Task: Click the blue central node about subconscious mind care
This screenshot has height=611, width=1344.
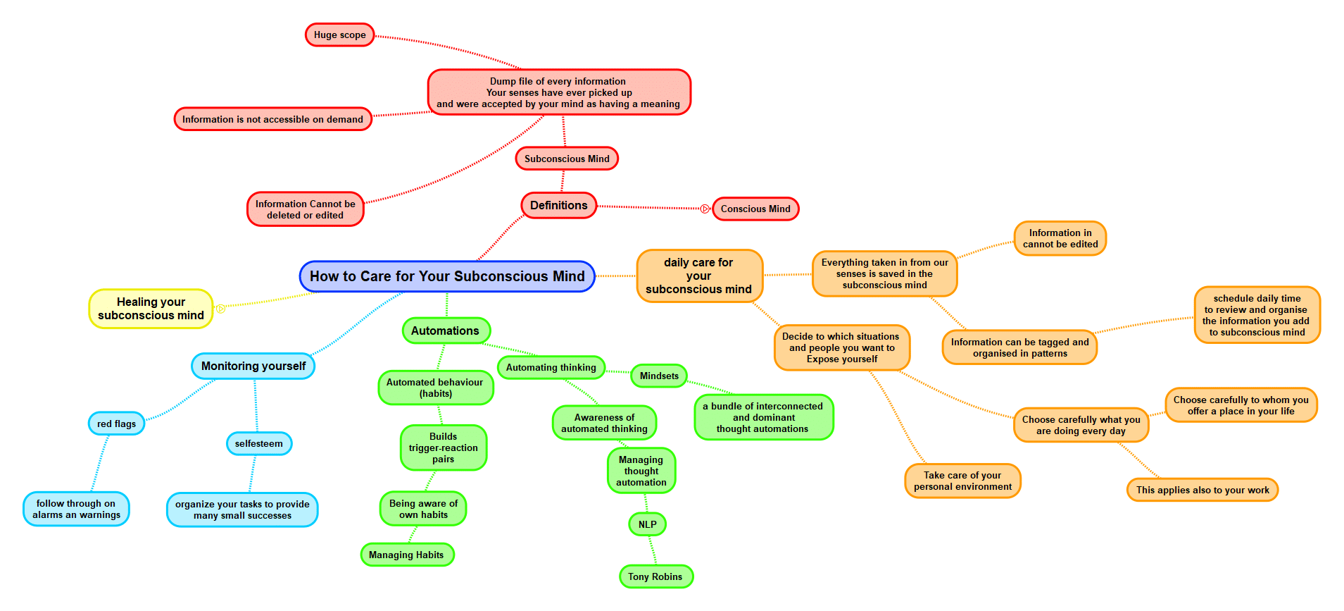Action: click(x=447, y=276)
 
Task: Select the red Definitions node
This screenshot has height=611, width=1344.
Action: click(x=558, y=205)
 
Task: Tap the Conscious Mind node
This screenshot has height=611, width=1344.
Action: click(x=755, y=209)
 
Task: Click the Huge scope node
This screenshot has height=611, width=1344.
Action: click(x=339, y=35)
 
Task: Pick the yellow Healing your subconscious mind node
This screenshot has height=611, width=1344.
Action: click(x=151, y=309)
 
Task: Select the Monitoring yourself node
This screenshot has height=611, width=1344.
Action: click(x=253, y=366)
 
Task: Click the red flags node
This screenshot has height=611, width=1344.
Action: click(x=116, y=424)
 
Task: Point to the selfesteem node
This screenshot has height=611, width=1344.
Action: click(x=258, y=443)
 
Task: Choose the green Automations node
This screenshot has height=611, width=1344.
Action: click(x=445, y=331)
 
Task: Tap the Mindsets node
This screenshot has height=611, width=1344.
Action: click(x=659, y=376)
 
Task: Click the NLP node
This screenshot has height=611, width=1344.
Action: click(x=647, y=524)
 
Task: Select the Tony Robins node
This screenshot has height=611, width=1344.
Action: click(x=655, y=576)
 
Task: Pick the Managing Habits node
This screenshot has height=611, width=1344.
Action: click(x=406, y=555)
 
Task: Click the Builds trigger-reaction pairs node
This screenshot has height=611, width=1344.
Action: click(x=443, y=448)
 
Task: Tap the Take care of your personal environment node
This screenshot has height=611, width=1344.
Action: click(x=962, y=481)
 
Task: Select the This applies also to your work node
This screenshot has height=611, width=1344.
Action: click(x=1202, y=490)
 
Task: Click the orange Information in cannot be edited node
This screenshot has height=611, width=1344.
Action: click(x=1060, y=238)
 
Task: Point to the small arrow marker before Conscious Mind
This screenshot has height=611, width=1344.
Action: click(x=705, y=209)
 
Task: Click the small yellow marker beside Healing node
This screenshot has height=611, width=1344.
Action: click(x=220, y=309)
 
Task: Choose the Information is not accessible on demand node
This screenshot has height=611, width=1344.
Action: click(x=272, y=119)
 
